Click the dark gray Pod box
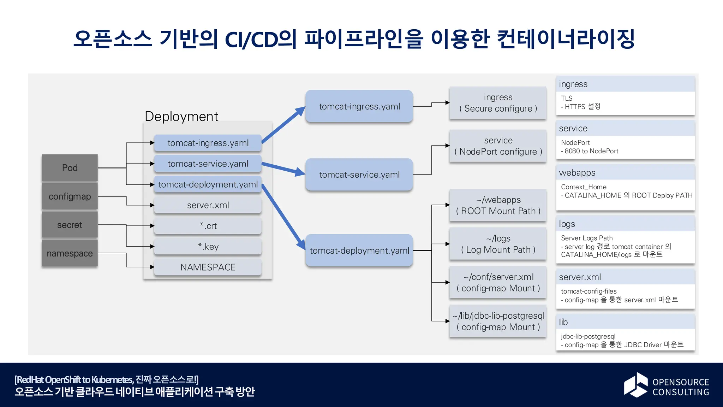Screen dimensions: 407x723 coord(70,168)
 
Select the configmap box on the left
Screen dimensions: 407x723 coord(70,196)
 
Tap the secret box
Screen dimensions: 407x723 coord(70,225)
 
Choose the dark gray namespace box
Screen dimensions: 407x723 coord(70,253)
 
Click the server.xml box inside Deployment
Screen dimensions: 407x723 coord(208,205)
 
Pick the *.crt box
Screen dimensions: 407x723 coord(208,226)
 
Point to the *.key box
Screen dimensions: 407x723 coord(208,247)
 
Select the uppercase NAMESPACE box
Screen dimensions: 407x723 coord(208,267)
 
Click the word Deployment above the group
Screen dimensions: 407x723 coord(181,116)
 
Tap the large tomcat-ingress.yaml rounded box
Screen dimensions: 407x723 coord(359,106)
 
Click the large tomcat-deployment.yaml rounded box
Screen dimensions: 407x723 coord(359,250)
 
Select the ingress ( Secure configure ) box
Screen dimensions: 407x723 coord(498,103)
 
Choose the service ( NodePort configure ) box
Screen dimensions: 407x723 coord(498,146)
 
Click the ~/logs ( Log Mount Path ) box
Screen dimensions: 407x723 coord(498,244)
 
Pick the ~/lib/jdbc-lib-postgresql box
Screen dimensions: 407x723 coord(498,321)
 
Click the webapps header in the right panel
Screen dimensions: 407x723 coord(577,173)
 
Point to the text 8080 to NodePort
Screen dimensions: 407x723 coord(591,151)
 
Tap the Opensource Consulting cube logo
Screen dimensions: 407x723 coord(636,385)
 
